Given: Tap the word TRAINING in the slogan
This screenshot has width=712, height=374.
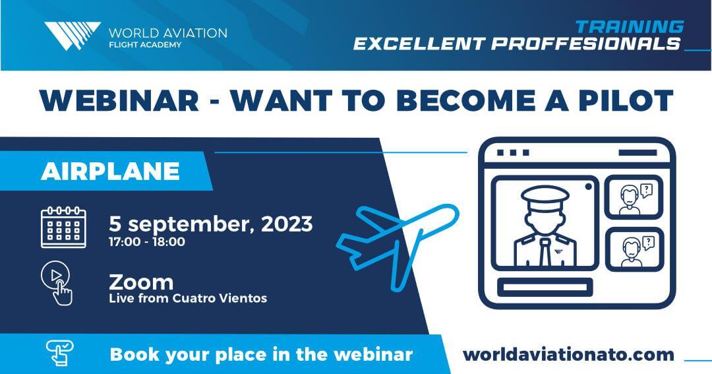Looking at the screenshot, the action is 630,27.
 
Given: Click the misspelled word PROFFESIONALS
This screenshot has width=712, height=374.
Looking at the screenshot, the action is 586,44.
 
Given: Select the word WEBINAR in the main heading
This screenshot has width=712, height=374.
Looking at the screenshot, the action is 119,100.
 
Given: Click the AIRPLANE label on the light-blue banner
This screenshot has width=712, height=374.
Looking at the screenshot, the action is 110,171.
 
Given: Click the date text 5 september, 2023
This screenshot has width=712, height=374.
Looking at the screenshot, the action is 211,224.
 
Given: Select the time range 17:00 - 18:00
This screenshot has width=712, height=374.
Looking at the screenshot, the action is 146,242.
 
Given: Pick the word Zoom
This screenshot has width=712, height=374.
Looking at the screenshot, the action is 141,282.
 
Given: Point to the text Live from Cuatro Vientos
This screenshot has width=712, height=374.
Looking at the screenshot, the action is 188,298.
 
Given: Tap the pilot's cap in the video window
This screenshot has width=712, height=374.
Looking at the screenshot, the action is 545,195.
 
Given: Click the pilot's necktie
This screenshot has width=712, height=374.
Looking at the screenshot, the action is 545,252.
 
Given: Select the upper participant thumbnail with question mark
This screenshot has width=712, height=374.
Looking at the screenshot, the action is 634,197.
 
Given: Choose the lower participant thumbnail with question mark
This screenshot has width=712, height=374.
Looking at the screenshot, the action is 634,249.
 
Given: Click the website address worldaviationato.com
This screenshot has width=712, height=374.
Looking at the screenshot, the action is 568,354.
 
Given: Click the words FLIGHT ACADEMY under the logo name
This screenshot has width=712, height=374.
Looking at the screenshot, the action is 145,45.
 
